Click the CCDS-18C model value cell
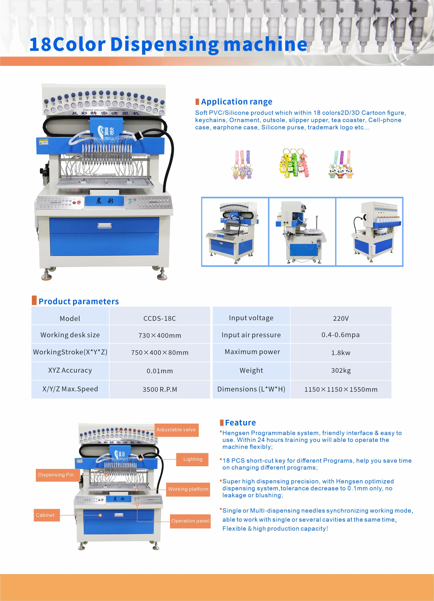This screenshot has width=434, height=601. click(x=160, y=318)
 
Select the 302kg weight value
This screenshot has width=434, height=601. click(x=341, y=370)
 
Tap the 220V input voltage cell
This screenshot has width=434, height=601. click(x=341, y=318)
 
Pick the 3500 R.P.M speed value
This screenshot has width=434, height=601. click(x=160, y=389)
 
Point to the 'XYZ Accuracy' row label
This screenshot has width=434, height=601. click(x=70, y=370)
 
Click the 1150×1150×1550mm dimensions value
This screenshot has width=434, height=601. click(x=341, y=389)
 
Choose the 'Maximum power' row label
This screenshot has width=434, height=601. click(x=252, y=352)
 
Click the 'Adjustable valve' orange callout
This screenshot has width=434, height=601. click(x=176, y=430)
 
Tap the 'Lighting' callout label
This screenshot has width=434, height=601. click(x=193, y=459)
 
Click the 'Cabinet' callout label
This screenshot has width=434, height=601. click(x=45, y=515)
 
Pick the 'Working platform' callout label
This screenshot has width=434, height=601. click(x=188, y=489)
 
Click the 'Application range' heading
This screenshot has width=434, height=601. click(x=236, y=102)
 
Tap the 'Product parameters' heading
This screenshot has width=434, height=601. click(x=79, y=302)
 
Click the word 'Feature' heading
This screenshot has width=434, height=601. click(x=240, y=423)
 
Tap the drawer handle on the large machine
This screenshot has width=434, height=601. click(x=104, y=226)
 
